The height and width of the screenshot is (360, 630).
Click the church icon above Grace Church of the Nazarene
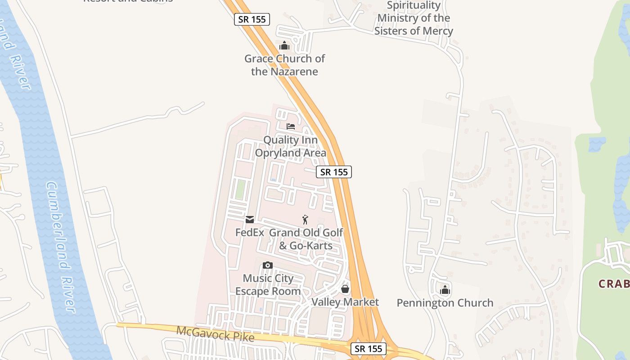pos(284,45)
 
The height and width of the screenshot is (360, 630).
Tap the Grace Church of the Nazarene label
pos(284,65)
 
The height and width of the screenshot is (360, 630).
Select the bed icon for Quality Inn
pos(291,126)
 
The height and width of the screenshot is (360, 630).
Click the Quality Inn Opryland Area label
pos(290,147)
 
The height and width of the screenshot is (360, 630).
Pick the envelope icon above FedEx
pos(250,220)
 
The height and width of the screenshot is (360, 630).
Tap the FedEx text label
pos(250,233)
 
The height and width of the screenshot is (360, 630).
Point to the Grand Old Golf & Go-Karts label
pos(306,239)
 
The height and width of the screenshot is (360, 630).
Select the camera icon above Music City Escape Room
pos(268,265)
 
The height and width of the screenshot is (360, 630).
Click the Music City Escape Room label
pos(268,285)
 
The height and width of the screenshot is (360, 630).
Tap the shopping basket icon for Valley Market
pos(345,289)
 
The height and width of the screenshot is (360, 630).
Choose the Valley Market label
pos(345,302)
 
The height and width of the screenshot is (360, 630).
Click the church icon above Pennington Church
pos(445,290)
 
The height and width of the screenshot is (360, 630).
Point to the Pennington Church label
pos(445,303)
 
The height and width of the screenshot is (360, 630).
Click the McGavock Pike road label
pos(216,334)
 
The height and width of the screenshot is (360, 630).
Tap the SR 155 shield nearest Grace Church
pos(252,19)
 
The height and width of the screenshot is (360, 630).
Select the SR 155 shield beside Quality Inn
pos(333,172)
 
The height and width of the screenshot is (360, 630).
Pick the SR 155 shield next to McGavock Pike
pos(369,348)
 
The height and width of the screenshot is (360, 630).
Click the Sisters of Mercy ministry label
pos(414,18)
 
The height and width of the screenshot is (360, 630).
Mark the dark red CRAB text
pos(614,284)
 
